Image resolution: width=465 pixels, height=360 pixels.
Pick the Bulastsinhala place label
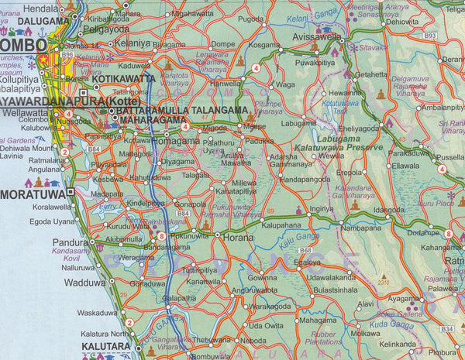(x=334, y=287)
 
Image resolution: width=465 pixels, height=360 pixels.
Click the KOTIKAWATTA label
(x=125, y=79)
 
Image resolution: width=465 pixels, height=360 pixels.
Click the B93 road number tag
(x=431, y=36)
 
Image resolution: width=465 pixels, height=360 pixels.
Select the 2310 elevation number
(x=384, y=283)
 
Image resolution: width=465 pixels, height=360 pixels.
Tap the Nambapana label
(x=360, y=228)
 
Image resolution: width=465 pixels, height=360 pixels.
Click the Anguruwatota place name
(x=268, y=290)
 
